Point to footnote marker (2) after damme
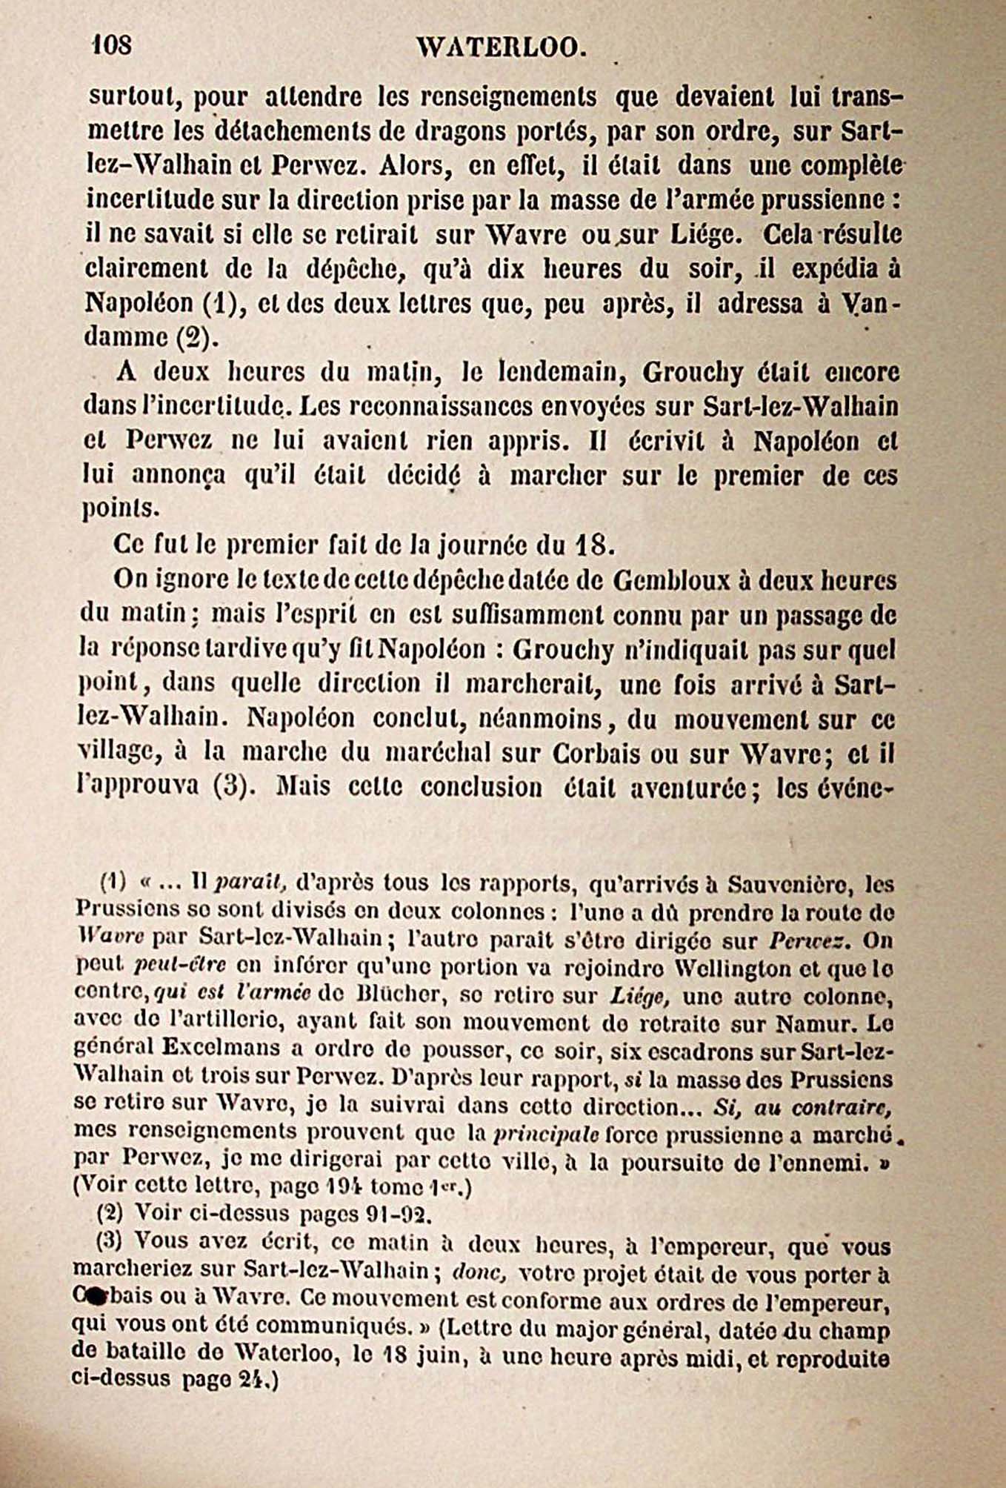(x=196, y=338)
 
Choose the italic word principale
(x=547, y=1135)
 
